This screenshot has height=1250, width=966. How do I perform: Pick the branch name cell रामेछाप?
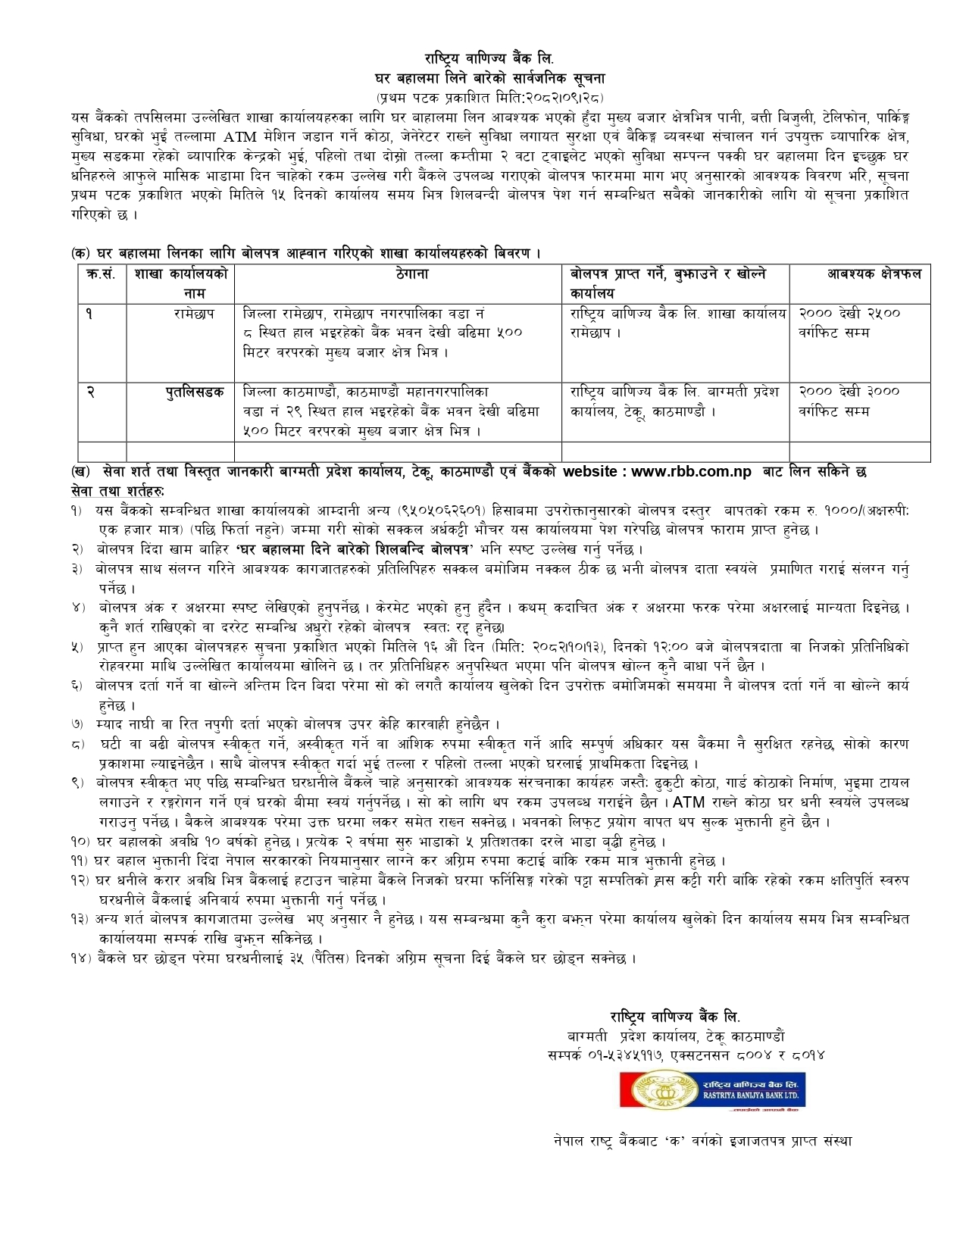[x=194, y=313]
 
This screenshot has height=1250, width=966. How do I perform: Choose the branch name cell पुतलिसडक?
[x=195, y=392]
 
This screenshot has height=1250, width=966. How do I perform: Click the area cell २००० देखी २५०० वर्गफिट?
[x=849, y=322]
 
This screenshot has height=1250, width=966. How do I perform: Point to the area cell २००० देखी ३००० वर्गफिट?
[x=849, y=401]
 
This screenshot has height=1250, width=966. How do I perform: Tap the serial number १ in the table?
[x=89, y=313]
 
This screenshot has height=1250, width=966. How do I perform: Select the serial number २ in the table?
[x=90, y=392]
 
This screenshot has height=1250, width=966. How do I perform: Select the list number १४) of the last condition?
[x=80, y=958]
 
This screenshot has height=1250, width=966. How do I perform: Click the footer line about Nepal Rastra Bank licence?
[x=702, y=1140]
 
